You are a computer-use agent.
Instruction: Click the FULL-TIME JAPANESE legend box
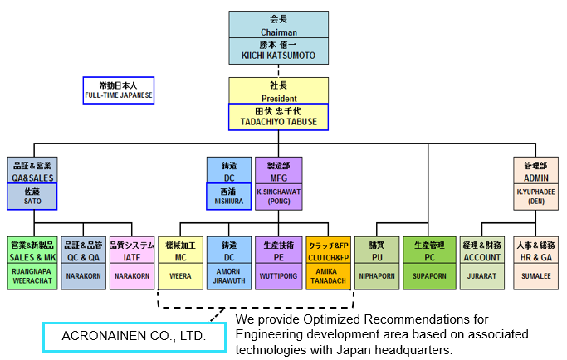119,90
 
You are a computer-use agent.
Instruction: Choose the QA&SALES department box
32,171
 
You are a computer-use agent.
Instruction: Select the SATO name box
32,196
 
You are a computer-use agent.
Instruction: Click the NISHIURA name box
229,196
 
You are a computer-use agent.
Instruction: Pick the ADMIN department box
536,171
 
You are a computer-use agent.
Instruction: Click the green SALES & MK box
32,262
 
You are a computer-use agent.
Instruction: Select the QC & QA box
83,262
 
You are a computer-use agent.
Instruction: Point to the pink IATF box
133,262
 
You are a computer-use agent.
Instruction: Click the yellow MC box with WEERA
181,262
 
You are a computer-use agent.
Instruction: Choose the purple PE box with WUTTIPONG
278,262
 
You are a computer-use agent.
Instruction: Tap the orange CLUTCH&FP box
328,262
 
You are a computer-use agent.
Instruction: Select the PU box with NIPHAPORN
377,262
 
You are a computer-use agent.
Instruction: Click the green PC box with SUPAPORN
429,262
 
